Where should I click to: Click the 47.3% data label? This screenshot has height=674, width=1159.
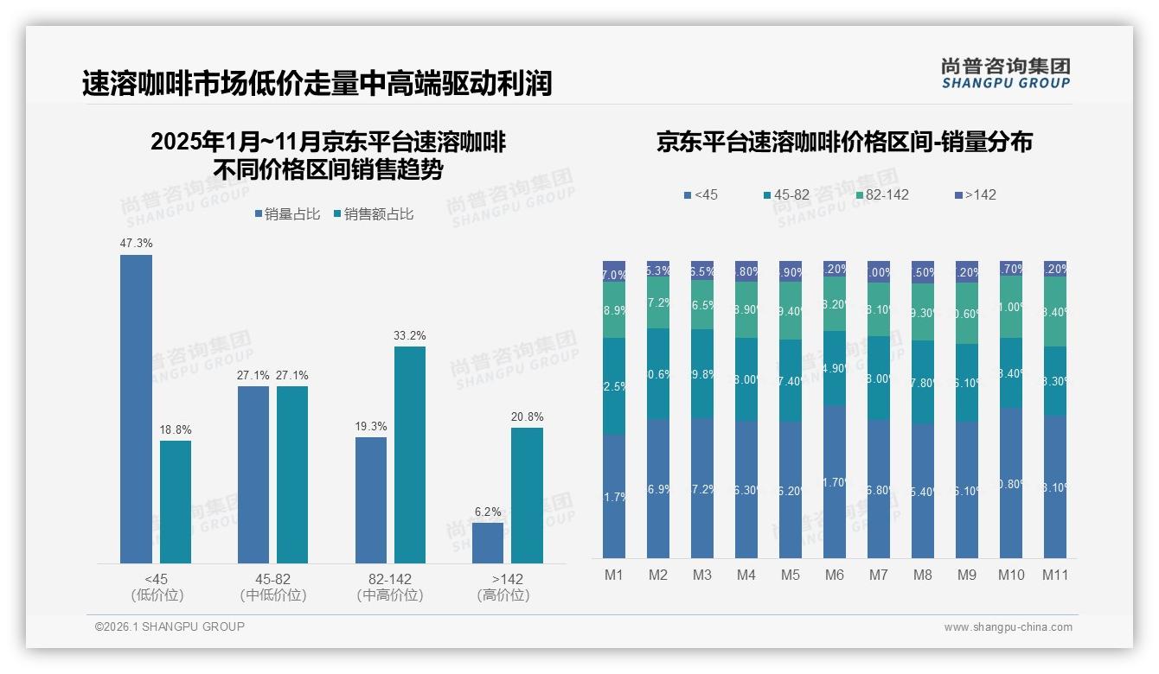pos(136,244)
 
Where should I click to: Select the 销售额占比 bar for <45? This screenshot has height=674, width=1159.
pos(176,502)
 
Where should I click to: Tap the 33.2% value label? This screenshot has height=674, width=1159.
pos(410,335)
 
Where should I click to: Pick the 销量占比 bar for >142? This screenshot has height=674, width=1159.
pos(488,543)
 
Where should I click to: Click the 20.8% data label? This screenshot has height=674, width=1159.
pos(527,416)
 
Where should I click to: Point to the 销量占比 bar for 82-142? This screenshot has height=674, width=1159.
pos(371,500)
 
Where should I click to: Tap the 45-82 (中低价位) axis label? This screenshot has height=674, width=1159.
pos(273,587)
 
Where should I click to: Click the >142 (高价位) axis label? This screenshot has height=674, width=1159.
pos(503,587)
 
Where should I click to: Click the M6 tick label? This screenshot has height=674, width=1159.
pos(835,575)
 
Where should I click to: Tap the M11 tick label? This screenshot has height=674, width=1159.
pos(1054,575)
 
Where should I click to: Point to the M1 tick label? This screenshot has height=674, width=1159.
pos(614,575)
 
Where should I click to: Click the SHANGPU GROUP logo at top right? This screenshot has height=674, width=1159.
pos(1005,73)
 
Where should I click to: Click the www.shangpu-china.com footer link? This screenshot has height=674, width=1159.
pos(1008,627)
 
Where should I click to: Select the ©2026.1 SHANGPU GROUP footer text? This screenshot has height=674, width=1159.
pos(170,626)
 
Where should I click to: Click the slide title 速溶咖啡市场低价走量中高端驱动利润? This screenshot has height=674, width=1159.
pos(317,84)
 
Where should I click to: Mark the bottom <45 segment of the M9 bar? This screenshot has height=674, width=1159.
pos(966,490)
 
